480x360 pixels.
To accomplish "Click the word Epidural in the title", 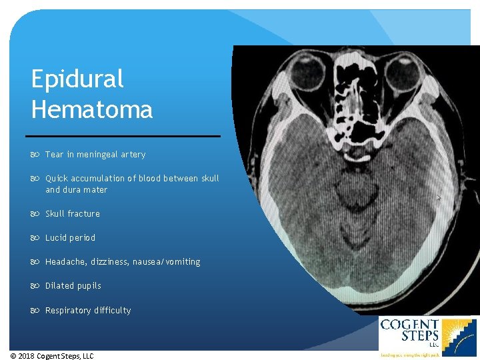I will pos(77,79).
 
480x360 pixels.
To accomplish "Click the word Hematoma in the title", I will pos(92,109).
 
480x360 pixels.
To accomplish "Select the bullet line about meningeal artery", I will pos(95,155).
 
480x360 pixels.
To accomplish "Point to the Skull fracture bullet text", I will pos(73,214).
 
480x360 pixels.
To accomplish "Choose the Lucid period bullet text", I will pos(70,238).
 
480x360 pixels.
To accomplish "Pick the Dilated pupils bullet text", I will pos(73,286).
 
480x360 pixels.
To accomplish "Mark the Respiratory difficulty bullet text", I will pos(88,311).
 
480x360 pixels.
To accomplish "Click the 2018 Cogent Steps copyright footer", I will pos(52,356).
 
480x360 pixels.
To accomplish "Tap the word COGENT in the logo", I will pos(409,325).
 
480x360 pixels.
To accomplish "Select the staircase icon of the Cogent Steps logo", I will pos(460,337).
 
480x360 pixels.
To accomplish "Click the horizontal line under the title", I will pos(126,136).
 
